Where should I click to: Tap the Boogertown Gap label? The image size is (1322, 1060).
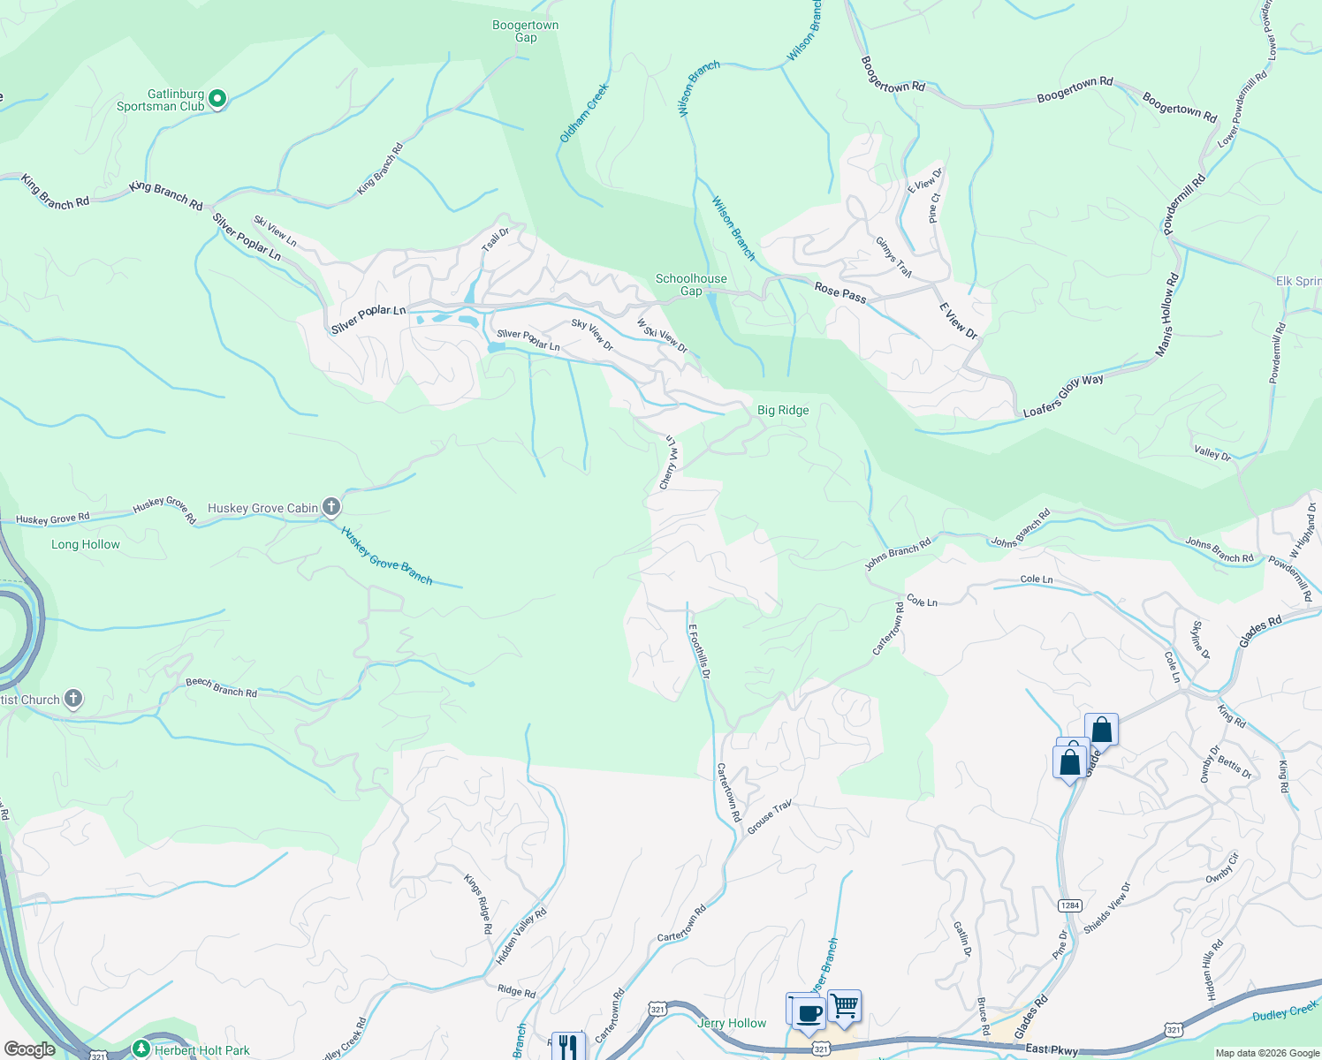coord(525,32)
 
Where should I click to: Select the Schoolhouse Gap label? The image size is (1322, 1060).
coord(691,284)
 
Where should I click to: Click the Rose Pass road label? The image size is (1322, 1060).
coord(840,292)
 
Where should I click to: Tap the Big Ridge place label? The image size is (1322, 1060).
coord(783,410)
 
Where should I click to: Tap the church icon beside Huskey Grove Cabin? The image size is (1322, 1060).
coord(331,507)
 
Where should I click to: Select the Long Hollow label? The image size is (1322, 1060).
coord(86,544)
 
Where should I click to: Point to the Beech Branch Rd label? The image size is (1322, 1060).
coord(221,687)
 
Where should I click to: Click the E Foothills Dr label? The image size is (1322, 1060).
coord(699,651)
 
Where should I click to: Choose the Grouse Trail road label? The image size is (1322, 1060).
coord(769,818)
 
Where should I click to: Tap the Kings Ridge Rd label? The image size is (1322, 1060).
coord(478,904)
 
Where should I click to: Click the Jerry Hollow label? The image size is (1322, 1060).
coord(732,1023)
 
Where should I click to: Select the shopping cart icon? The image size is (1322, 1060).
coord(844,1005)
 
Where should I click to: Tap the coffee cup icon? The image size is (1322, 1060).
coord(808,1012)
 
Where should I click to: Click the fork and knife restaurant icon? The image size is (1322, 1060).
coord(568,1046)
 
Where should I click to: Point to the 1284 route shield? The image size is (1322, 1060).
coord(1070,905)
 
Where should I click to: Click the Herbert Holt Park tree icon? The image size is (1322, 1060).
coord(141,1049)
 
